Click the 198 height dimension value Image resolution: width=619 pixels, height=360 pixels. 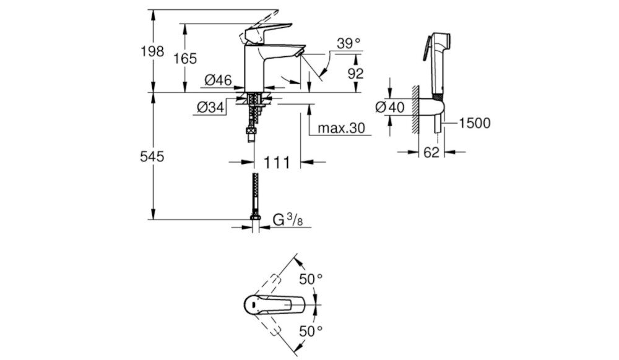click(x=152, y=51)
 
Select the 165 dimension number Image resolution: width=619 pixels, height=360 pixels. click(x=185, y=59)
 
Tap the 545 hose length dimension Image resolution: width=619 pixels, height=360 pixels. click(x=152, y=157)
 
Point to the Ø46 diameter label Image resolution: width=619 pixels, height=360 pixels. click(x=218, y=80)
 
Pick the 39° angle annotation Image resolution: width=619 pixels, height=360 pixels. click(x=348, y=43)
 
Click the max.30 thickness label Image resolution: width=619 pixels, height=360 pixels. click(x=342, y=129)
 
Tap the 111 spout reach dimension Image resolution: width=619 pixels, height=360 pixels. click(x=278, y=163)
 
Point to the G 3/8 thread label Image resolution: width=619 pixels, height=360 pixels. click(x=288, y=220)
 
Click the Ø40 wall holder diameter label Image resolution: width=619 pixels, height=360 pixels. click(x=389, y=108)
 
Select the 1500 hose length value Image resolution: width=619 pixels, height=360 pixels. click(x=475, y=123)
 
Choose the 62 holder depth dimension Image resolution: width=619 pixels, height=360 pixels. click(x=431, y=152)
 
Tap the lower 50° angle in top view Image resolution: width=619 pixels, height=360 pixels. click(x=311, y=330)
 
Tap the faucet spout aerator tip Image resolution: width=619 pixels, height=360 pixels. click(x=300, y=55)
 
